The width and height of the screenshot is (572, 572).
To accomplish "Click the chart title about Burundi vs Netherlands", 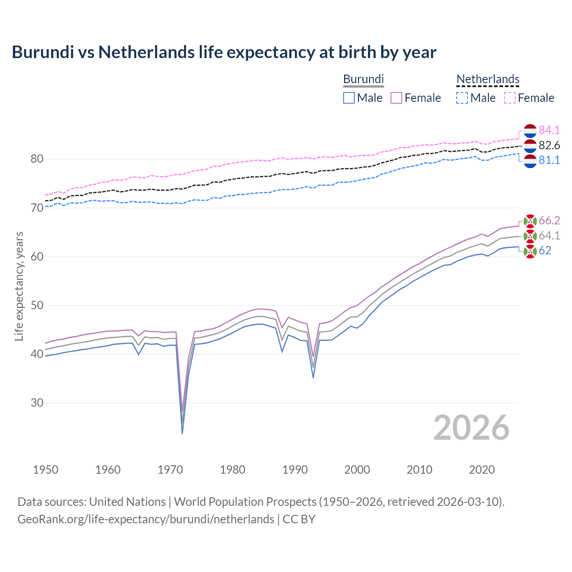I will (x=224, y=52).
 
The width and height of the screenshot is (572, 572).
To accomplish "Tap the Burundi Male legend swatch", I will (x=349, y=98).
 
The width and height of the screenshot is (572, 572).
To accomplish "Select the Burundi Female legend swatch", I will (x=396, y=98).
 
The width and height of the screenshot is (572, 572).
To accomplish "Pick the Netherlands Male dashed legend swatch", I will (x=462, y=98).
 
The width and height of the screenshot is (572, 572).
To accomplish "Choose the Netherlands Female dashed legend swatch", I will (x=510, y=98).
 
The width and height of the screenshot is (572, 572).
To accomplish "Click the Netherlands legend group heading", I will (x=488, y=80).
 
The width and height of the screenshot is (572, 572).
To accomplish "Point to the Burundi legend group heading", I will (x=363, y=80).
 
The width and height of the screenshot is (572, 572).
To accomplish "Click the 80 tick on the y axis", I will (x=37, y=159).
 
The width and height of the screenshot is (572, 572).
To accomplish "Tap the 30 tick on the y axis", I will (x=37, y=403).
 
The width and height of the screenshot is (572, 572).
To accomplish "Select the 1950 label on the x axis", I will (x=46, y=470).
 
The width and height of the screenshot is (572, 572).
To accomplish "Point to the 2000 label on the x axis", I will (x=357, y=470).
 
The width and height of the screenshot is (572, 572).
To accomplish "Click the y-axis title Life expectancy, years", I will (x=19, y=286).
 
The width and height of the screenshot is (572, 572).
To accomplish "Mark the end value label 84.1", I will (x=549, y=130).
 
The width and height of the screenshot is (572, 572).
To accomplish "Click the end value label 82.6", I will (x=549, y=145).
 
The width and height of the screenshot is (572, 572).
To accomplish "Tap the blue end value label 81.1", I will (x=549, y=160).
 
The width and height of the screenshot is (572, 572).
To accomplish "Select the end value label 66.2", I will (x=549, y=220).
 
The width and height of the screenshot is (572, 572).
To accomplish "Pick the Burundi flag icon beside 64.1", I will (x=530, y=236).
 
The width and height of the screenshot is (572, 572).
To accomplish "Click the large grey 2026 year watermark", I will (x=471, y=428).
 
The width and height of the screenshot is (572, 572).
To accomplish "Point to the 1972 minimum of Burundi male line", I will (x=182, y=433).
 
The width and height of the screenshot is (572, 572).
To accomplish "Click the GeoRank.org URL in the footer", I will (x=146, y=519).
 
